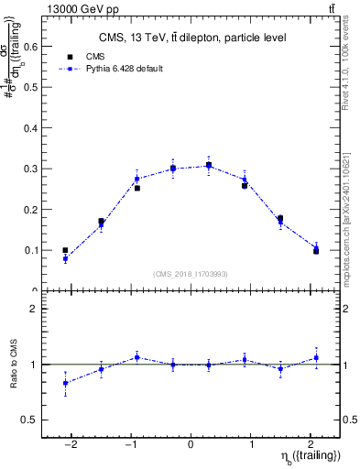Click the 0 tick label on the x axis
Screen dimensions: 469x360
(x=191, y=443)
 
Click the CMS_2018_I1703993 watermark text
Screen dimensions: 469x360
(x=191, y=274)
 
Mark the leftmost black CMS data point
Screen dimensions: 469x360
(x=65, y=250)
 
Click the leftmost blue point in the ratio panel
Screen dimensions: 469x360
(x=65, y=382)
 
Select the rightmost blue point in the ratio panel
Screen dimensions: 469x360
(x=316, y=357)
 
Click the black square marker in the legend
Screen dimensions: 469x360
(x=82, y=57)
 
